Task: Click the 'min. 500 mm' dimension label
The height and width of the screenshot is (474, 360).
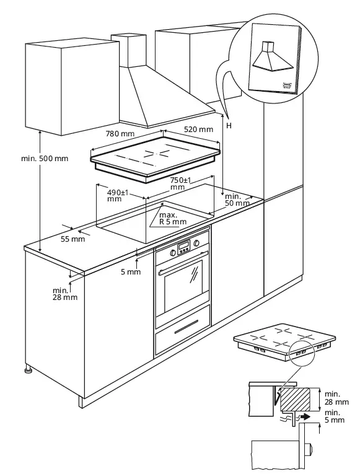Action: point(45,158)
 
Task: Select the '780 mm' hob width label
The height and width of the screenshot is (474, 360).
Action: point(116,133)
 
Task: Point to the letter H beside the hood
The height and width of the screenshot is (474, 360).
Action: point(229,126)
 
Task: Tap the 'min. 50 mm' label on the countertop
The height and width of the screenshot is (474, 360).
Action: point(237,200)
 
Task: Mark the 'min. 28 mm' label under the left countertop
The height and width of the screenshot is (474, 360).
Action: point(64,293)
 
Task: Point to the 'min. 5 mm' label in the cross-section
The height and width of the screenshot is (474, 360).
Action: point(334,416)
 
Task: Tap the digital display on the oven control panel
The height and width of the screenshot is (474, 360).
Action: point(184,249)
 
